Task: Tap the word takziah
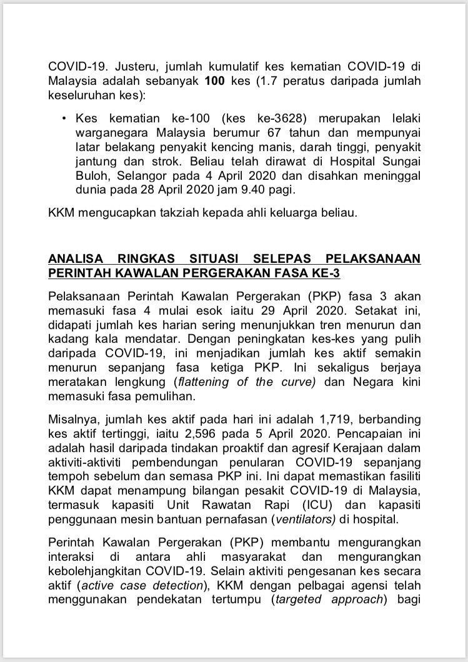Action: click(x=192, y=213)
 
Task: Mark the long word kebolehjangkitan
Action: click(x=101, y=571)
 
